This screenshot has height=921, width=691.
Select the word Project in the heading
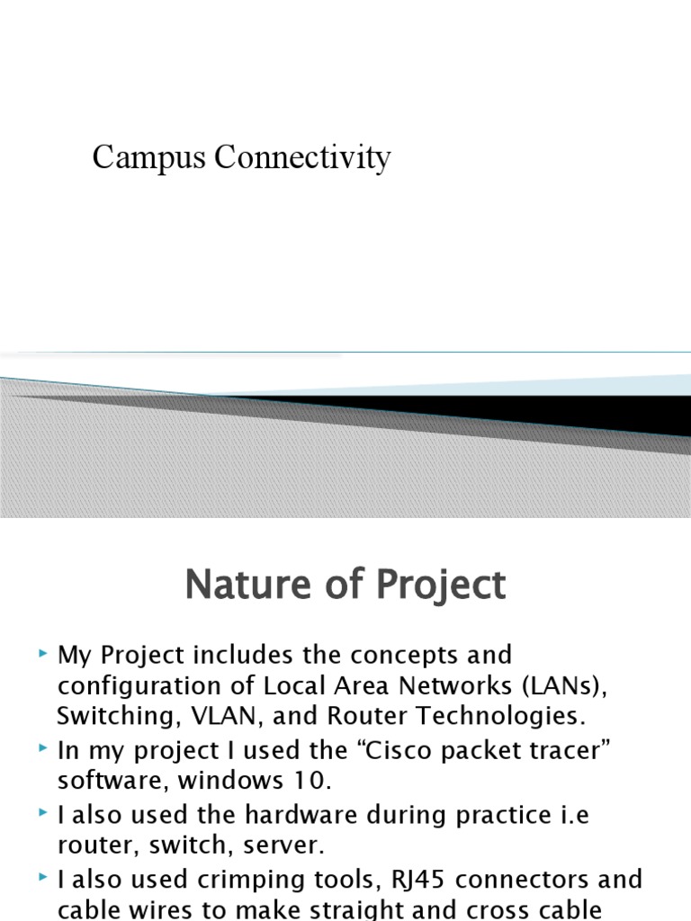[442, 586]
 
